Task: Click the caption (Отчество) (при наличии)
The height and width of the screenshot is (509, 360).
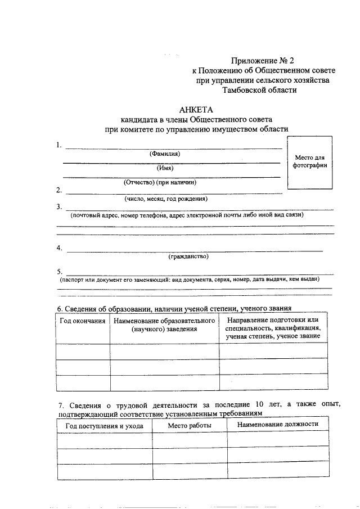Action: tap(160, 182)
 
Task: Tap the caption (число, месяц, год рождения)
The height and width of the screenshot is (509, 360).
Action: tap(166, 199)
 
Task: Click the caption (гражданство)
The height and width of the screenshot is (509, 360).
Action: tap(188, 256)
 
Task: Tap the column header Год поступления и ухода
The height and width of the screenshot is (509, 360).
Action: tap(104, 426)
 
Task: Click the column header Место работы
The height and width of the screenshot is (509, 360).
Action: tap(190, 426)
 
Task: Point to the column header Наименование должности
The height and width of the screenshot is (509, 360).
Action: tap(277, 424)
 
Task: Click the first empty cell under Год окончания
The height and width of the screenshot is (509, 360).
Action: tap(83, 351)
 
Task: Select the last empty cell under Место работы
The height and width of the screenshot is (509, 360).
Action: tap(190, 471)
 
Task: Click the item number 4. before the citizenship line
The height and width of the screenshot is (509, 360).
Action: tap(59, 248)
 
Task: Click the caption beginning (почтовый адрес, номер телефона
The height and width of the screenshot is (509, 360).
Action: tap(186, 215)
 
